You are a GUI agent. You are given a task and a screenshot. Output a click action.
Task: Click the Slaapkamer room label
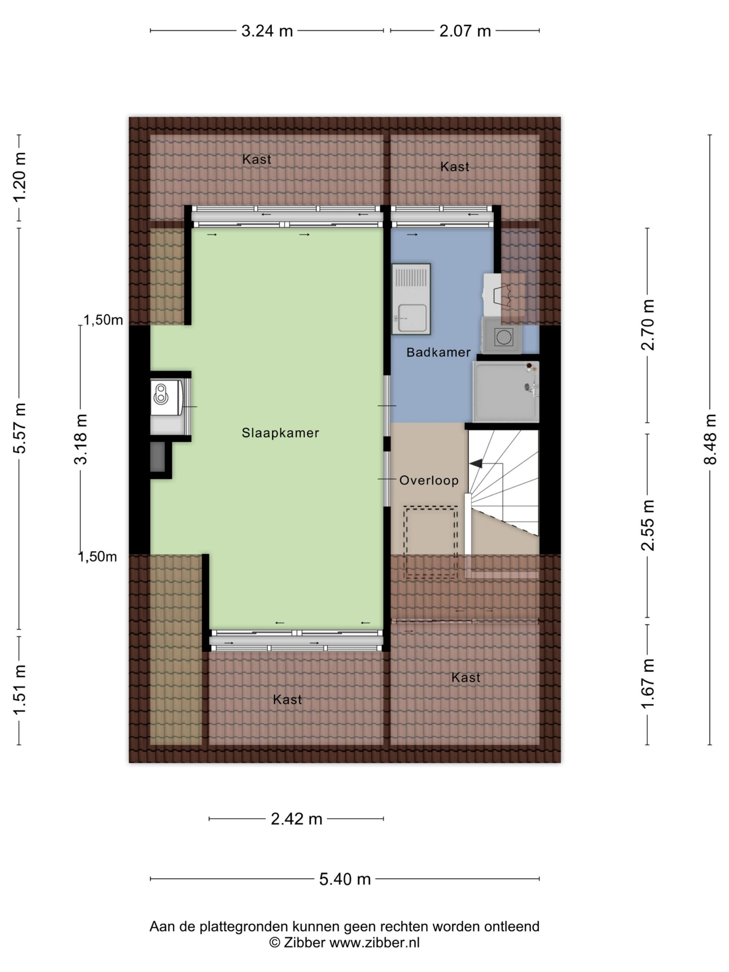click(280, 433)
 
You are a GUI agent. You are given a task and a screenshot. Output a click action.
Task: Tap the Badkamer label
click(439, 352)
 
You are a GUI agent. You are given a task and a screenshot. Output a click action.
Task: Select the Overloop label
click(429, 480)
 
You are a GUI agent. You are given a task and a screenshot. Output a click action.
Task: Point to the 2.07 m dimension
click(465, 31)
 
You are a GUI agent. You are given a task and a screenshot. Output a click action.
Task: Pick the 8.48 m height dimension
click(710, 439)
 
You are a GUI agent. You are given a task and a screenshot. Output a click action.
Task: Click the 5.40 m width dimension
click(345, 879)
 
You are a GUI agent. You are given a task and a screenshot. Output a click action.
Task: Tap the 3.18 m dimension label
click(81, 439)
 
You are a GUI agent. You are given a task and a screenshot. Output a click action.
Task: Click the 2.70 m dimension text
click(647, 325)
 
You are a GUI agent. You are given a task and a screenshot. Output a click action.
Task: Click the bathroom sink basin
click(412, 317)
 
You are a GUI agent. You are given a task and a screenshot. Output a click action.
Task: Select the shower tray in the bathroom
click(506, 391)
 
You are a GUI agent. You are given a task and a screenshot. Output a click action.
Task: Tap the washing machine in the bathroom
click(502, 335)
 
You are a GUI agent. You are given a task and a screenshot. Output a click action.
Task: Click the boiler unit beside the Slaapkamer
click(167, 397)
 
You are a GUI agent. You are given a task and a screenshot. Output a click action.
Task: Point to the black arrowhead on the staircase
click(476, 463)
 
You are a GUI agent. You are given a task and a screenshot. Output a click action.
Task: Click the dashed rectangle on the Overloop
click(431, 542)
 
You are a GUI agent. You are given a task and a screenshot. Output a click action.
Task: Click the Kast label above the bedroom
click(257, 159)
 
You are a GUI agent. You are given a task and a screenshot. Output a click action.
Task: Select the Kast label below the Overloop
click(466, 678)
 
